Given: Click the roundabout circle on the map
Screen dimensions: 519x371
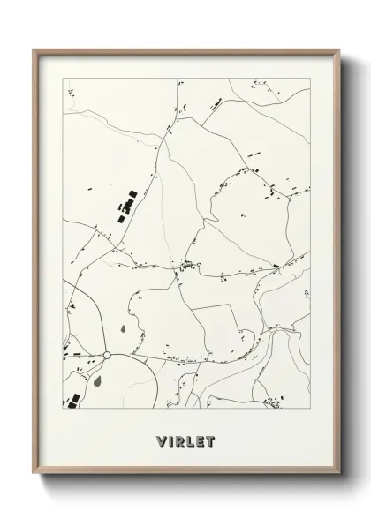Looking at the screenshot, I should click(x=107, y=355).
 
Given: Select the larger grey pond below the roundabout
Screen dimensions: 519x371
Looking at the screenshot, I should click(x=98, y=382).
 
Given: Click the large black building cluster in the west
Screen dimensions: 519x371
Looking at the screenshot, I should click(x=126, y=208).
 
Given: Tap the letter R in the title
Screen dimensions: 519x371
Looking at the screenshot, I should click(x=181, y=439).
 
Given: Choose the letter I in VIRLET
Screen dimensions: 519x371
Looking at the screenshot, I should click(x=170, y=439).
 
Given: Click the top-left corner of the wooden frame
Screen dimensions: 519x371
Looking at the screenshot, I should click(x=34, y=49).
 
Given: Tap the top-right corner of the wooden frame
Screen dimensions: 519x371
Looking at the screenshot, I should click(x=342, y=49).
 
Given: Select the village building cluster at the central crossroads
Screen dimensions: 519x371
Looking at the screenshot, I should click(x=185, y=265).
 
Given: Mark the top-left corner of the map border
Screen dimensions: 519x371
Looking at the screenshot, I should click(x=63, y=78).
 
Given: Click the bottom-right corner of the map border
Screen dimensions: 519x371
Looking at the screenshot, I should click(x=313, y=412).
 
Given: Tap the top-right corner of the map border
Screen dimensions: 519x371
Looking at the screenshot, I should click(x=313, y=78).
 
